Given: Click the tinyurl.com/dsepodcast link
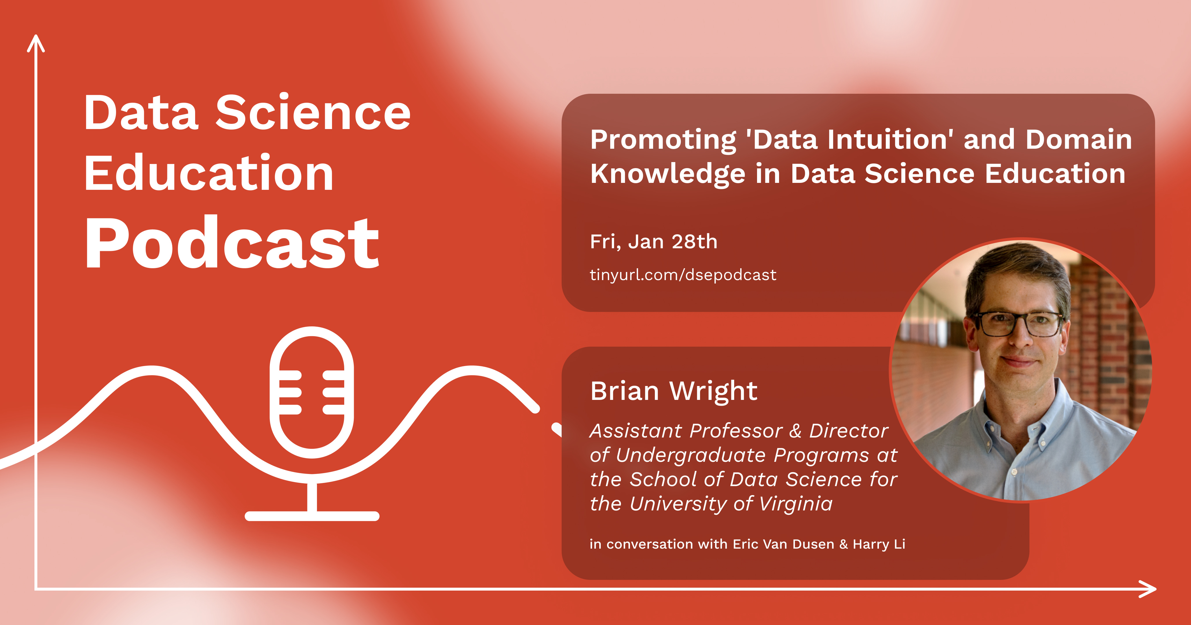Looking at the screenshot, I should tap(683, 275).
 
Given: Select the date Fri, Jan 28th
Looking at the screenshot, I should tap(653, 242).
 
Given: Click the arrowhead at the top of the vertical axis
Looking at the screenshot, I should tap(36, 43).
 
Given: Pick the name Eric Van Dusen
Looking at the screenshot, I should tap(783, 544).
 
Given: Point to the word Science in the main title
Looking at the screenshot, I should tap(313, 113).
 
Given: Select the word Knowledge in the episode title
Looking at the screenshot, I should tap(668, 174).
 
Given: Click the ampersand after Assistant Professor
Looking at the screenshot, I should tap(795, 431).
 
